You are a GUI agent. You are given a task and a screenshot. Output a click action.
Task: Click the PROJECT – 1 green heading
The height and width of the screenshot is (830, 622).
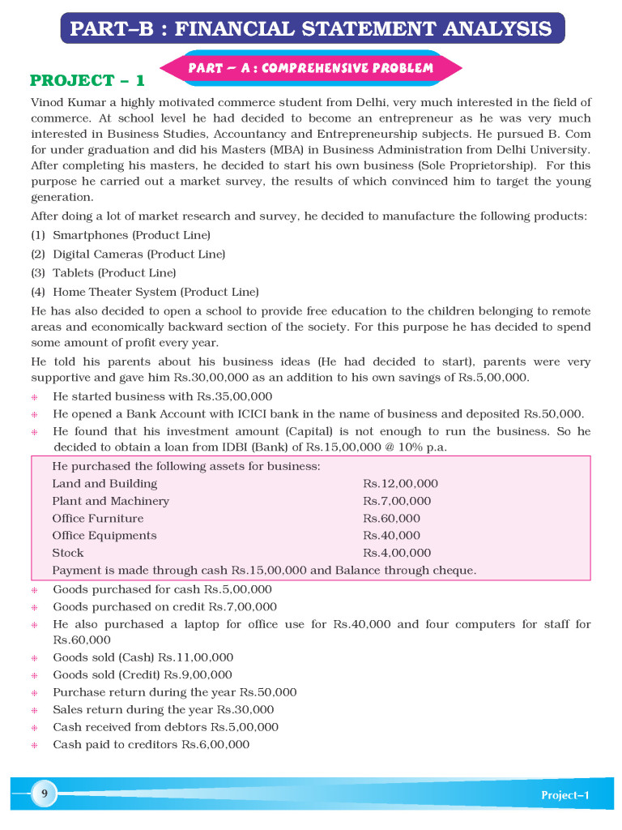(87, 80)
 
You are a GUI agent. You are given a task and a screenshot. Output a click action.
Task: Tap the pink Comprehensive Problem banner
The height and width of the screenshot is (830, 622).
(311, 68)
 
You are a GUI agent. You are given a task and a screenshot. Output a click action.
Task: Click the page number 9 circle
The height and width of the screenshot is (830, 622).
(43, 794)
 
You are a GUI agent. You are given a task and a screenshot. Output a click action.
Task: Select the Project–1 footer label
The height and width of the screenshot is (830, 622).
(565, 795)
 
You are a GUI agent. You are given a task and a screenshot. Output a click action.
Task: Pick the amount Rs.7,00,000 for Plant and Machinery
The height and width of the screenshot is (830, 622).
(397, 501)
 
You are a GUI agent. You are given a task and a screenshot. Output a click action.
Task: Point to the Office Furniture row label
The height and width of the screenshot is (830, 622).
(98, 519)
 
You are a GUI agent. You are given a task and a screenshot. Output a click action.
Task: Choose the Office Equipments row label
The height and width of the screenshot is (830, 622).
(104, 536)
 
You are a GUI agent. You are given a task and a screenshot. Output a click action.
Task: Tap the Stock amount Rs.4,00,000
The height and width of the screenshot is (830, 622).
(397, 553)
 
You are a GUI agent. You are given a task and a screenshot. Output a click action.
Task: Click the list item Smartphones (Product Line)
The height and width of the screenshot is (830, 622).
(131, 235)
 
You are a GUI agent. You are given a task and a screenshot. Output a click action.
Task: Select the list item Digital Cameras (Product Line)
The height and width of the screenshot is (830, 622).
(138, 255)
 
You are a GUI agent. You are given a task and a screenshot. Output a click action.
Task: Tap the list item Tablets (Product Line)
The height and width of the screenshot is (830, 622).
(114, 273)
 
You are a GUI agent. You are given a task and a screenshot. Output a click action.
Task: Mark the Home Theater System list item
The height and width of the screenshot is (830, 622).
(155, 292)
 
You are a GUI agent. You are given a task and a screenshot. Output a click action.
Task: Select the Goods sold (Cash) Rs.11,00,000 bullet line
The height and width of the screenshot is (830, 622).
(143, 657)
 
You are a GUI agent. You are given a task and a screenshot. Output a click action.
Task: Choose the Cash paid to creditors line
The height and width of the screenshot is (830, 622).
(151, 745)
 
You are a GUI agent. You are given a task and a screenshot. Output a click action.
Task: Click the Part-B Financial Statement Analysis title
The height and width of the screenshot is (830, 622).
(311, 29)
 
